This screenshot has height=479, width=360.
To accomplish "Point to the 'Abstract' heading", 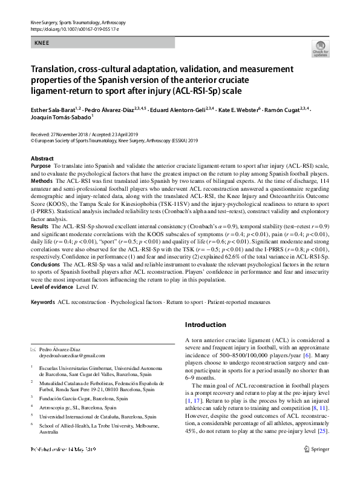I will pyautogui.click(x=42, y=158).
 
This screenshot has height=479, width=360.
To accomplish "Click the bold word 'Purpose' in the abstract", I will pyautogui.click(x=41, y=165).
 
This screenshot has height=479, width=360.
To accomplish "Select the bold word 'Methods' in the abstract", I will pyautogui.click(x=42, y=180).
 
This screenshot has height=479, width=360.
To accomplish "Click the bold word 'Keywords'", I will pyautogui.click(x=42, y=301).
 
